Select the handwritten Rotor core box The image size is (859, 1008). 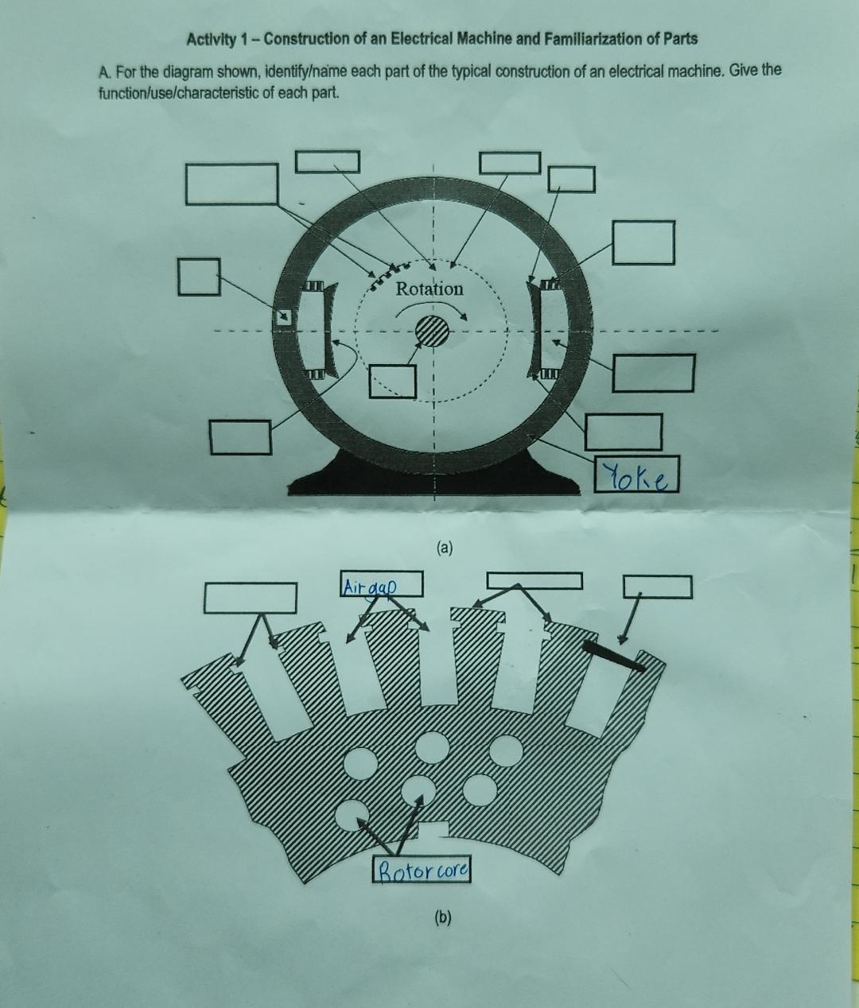pos(422,870)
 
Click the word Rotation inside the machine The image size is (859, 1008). pos(429,289)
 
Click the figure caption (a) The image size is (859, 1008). pos(444,548)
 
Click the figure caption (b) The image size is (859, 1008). pos(442,917)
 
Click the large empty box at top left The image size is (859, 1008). pos(233,184)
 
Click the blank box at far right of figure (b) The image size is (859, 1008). pos(658,587)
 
